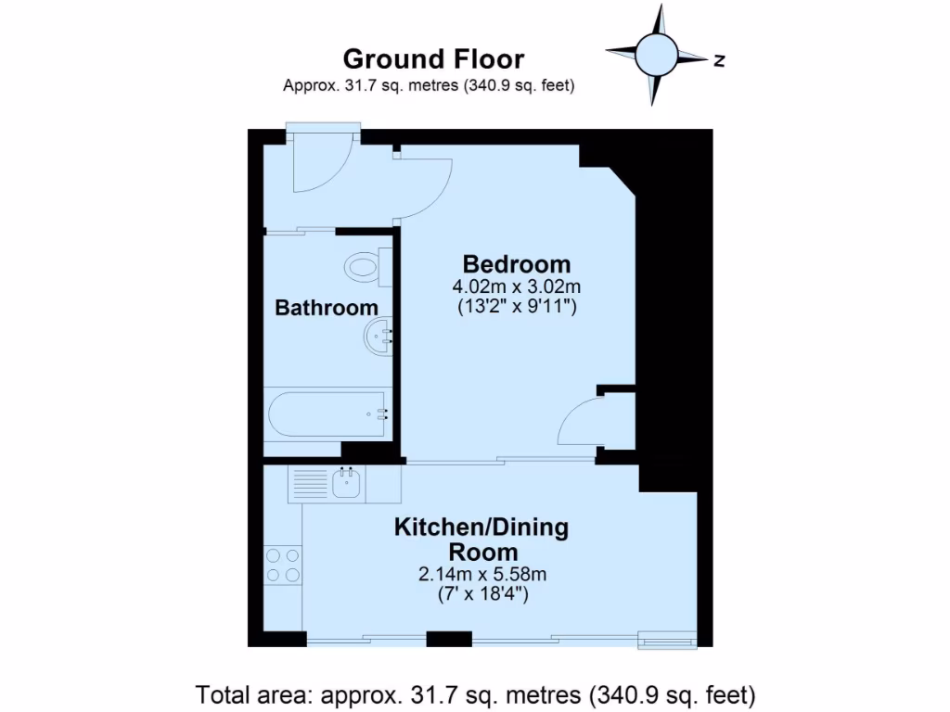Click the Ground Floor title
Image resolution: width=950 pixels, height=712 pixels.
433,59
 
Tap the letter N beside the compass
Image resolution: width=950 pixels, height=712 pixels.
719,61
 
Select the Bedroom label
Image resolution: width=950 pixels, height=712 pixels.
517,263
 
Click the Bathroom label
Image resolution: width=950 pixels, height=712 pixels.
327,308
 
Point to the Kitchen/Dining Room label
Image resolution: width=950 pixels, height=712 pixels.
481,540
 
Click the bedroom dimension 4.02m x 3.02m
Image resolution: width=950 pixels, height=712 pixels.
517,286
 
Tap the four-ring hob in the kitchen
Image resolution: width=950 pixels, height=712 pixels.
283,565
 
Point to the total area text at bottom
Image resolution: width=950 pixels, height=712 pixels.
475,693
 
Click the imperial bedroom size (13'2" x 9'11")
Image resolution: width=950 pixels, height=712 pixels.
517,306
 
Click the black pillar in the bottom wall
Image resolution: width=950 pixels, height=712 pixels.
448,638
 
